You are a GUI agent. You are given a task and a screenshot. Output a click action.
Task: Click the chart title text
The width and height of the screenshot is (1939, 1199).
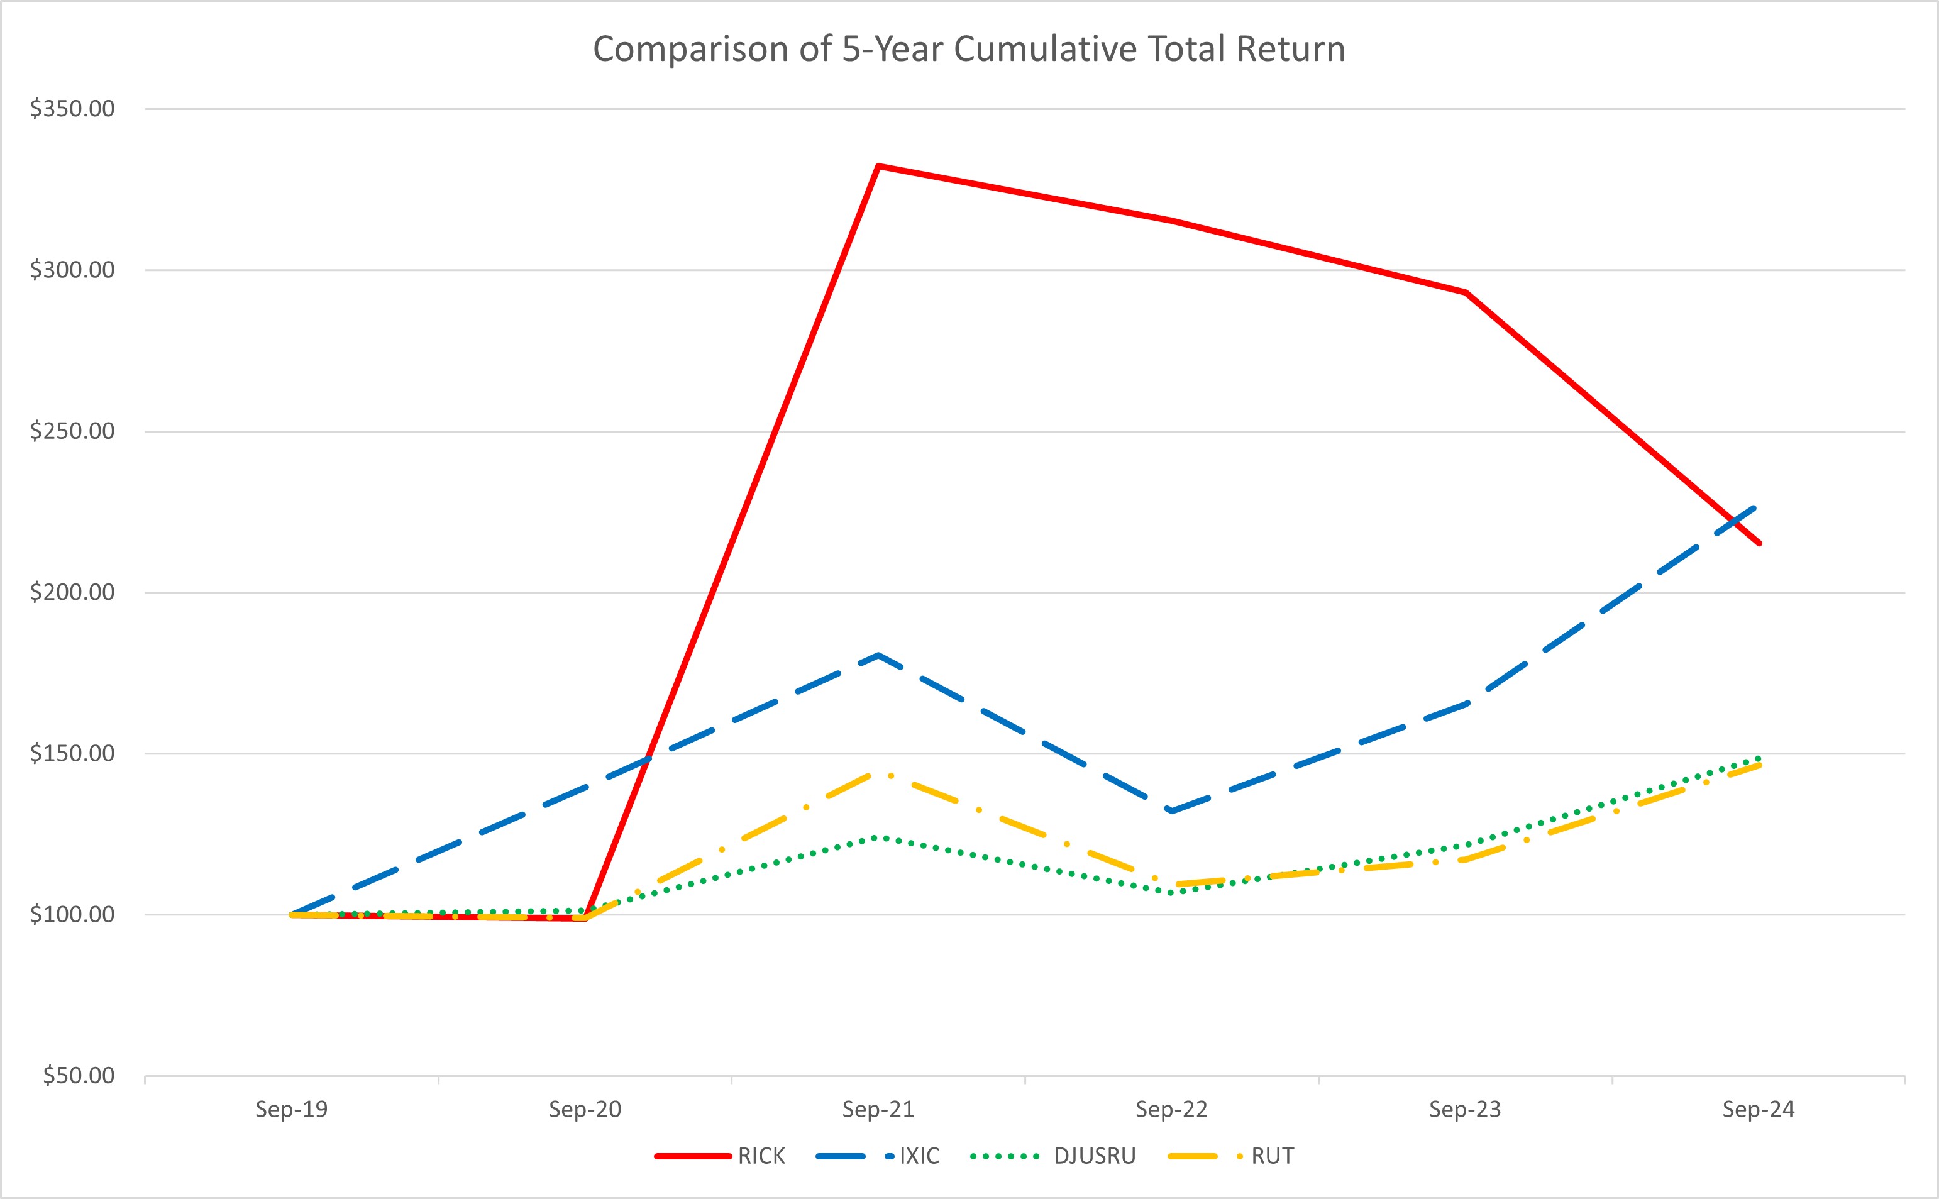969,49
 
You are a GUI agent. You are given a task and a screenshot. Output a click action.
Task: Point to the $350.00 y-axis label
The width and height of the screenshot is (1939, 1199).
72,109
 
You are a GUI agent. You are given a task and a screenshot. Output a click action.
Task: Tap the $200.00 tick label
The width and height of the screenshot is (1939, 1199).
72,592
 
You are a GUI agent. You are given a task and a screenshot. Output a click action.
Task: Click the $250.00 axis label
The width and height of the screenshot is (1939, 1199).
72,431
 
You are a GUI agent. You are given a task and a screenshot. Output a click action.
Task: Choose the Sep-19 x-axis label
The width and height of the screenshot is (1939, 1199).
292,1109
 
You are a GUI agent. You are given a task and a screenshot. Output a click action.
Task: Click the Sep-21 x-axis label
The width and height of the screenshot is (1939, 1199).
878,1109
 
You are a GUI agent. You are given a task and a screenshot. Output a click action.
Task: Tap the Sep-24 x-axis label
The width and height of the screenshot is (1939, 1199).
1759,1109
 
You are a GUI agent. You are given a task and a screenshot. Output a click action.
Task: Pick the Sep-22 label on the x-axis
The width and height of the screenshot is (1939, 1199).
1172,1109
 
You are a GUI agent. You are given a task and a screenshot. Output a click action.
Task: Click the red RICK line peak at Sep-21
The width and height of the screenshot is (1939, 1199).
878,166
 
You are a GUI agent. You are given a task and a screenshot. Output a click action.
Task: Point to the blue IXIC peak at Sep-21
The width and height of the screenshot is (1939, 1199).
878,655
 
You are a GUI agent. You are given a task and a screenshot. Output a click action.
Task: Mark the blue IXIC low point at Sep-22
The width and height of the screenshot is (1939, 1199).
1172,811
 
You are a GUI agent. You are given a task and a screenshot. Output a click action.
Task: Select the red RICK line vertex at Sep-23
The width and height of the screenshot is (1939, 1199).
1466,292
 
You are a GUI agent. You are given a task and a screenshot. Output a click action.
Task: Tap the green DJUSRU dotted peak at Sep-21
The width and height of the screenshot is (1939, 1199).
878,837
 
